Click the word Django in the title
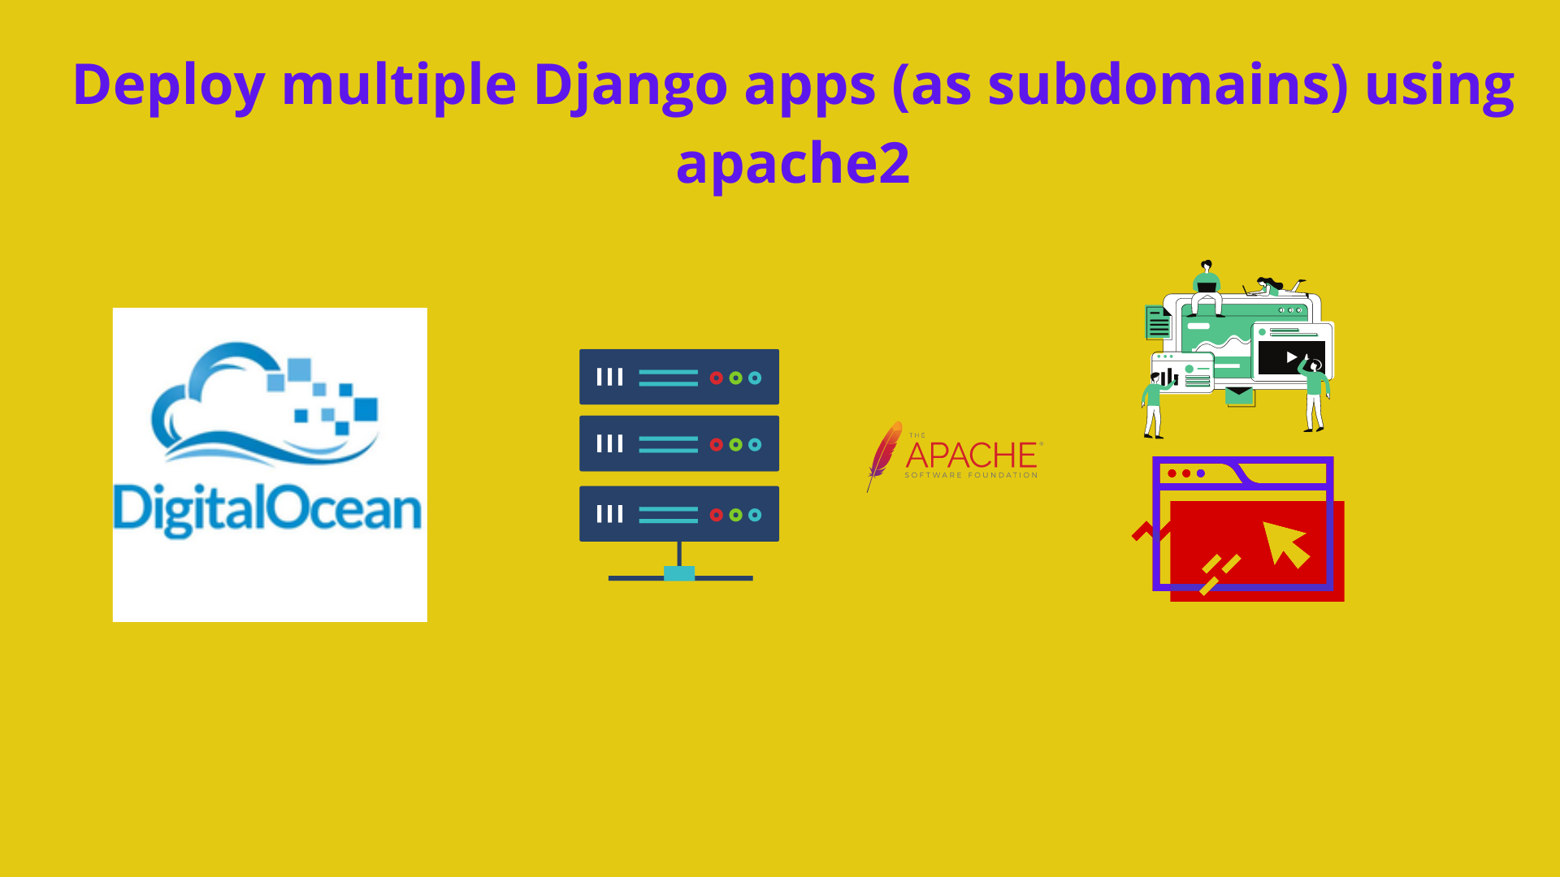pos(630,84)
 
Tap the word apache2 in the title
pos(792,162)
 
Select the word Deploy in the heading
pos(169,84)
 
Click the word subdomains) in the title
pos(1168,84)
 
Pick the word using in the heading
pos(1439,84)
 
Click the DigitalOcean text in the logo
pos(267,510)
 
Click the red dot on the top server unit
pos(716,378)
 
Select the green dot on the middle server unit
pos(735,444)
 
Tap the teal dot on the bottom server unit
pos(755,515)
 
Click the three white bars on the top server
pos(609,377)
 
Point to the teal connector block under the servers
pos(679,573)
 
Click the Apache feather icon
pos(884,455)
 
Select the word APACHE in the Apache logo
pos(972,455)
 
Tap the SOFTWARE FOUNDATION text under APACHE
pos(971,475)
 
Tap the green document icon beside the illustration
pos(1158,322)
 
